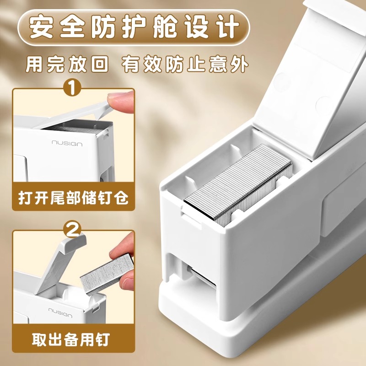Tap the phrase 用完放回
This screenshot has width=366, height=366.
pos(67,64)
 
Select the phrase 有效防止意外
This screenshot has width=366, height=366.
pos(186,64)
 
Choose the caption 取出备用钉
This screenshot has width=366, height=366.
pos(70,340)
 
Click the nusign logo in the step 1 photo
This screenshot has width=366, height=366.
pos(66,144)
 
